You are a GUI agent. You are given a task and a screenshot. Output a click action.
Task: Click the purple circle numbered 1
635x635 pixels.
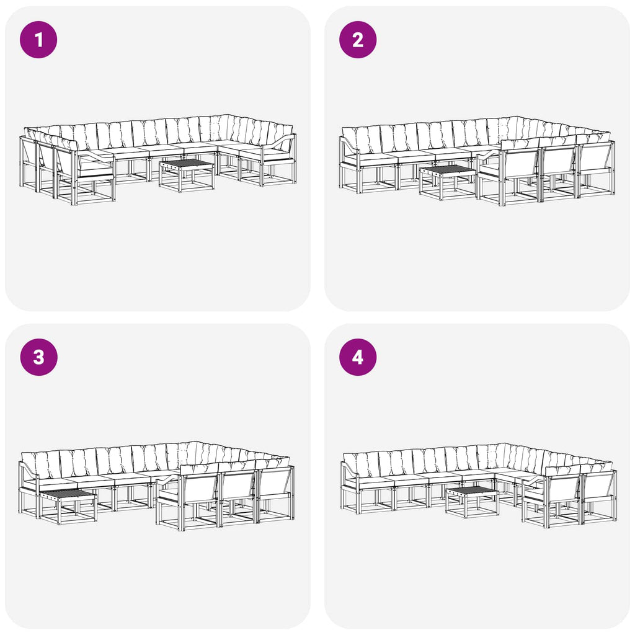click(x=38, y=40)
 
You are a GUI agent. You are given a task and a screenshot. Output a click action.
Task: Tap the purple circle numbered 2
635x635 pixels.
click(x=358, y=40)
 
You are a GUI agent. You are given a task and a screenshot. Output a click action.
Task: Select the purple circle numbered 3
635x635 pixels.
click(x=38, y=357)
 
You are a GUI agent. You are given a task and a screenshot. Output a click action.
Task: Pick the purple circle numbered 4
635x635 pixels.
click(x=358, y=357)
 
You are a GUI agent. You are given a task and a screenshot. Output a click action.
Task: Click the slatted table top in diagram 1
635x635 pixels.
click(x=186, y=164)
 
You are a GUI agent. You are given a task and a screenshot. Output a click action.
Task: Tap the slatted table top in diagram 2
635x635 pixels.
click(x=447, y=170)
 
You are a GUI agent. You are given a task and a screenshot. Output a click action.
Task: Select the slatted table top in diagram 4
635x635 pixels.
click(x=472, y=491)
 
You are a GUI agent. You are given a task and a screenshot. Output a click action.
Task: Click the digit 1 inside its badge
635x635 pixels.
click(x=39, y=40)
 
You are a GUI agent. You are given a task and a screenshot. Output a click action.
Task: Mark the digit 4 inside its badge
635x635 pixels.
click(x=358, y=358)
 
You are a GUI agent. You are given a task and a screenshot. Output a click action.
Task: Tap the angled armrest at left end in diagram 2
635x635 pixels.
click(x=349, y=146)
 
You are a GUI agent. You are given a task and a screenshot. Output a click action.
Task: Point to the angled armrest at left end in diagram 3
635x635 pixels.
click(x=29, y=470)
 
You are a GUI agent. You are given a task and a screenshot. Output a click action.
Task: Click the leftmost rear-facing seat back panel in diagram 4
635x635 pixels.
click(x=563, y=491)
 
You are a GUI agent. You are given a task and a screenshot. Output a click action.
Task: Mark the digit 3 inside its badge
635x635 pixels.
click(x=39, y=358)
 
